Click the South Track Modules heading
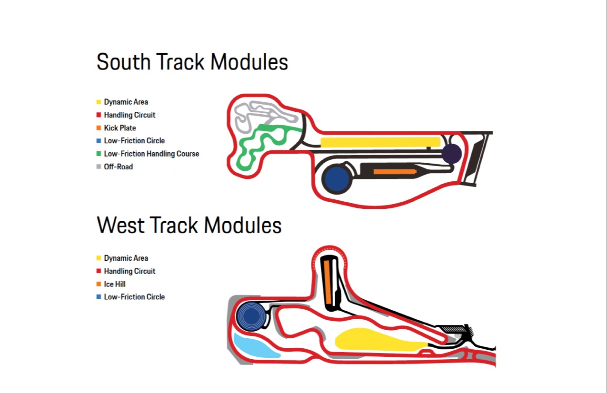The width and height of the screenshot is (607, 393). click(192, 62)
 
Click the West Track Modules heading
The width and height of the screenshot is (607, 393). click(189, 225)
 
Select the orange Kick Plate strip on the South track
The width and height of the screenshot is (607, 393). click(394, 171)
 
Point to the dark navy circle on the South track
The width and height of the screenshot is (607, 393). click(451, 154)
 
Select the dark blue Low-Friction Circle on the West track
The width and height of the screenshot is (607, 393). click(252, 315)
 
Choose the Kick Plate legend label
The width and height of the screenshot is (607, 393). click(120, 128)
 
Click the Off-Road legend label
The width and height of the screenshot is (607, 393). click(119, 167)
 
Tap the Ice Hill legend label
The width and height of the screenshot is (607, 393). click(115, 284)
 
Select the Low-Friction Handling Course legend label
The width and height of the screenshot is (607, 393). click(151, 154)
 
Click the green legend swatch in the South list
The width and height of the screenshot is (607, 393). click(99, 154)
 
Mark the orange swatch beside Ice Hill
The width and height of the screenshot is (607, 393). click(99, 284)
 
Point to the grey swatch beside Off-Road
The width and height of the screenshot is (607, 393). click(99, 167)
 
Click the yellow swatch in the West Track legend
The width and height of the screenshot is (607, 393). click(99, 258)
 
